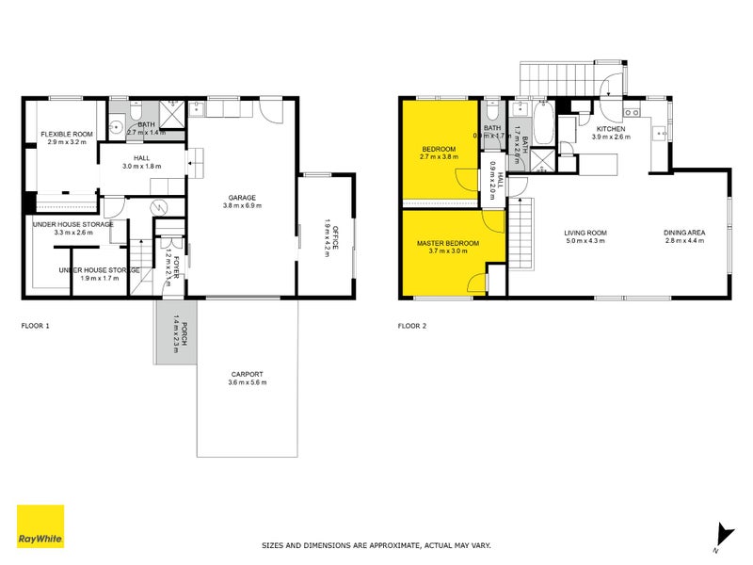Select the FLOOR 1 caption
coord(35,326)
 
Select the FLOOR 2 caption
coord(412,326)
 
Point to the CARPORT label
coord(247,373)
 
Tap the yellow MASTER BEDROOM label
coord(448,244)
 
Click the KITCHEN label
coord(611,128)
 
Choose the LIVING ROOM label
coord(585,234)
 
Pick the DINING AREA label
coord(685,234)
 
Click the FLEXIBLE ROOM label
coord(65,134)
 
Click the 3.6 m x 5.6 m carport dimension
coord(247,382)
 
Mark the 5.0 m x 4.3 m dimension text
coord(585,242)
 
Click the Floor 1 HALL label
coord(142,158)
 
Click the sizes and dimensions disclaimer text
coord(376,544)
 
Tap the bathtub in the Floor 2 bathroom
coord(544,121)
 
